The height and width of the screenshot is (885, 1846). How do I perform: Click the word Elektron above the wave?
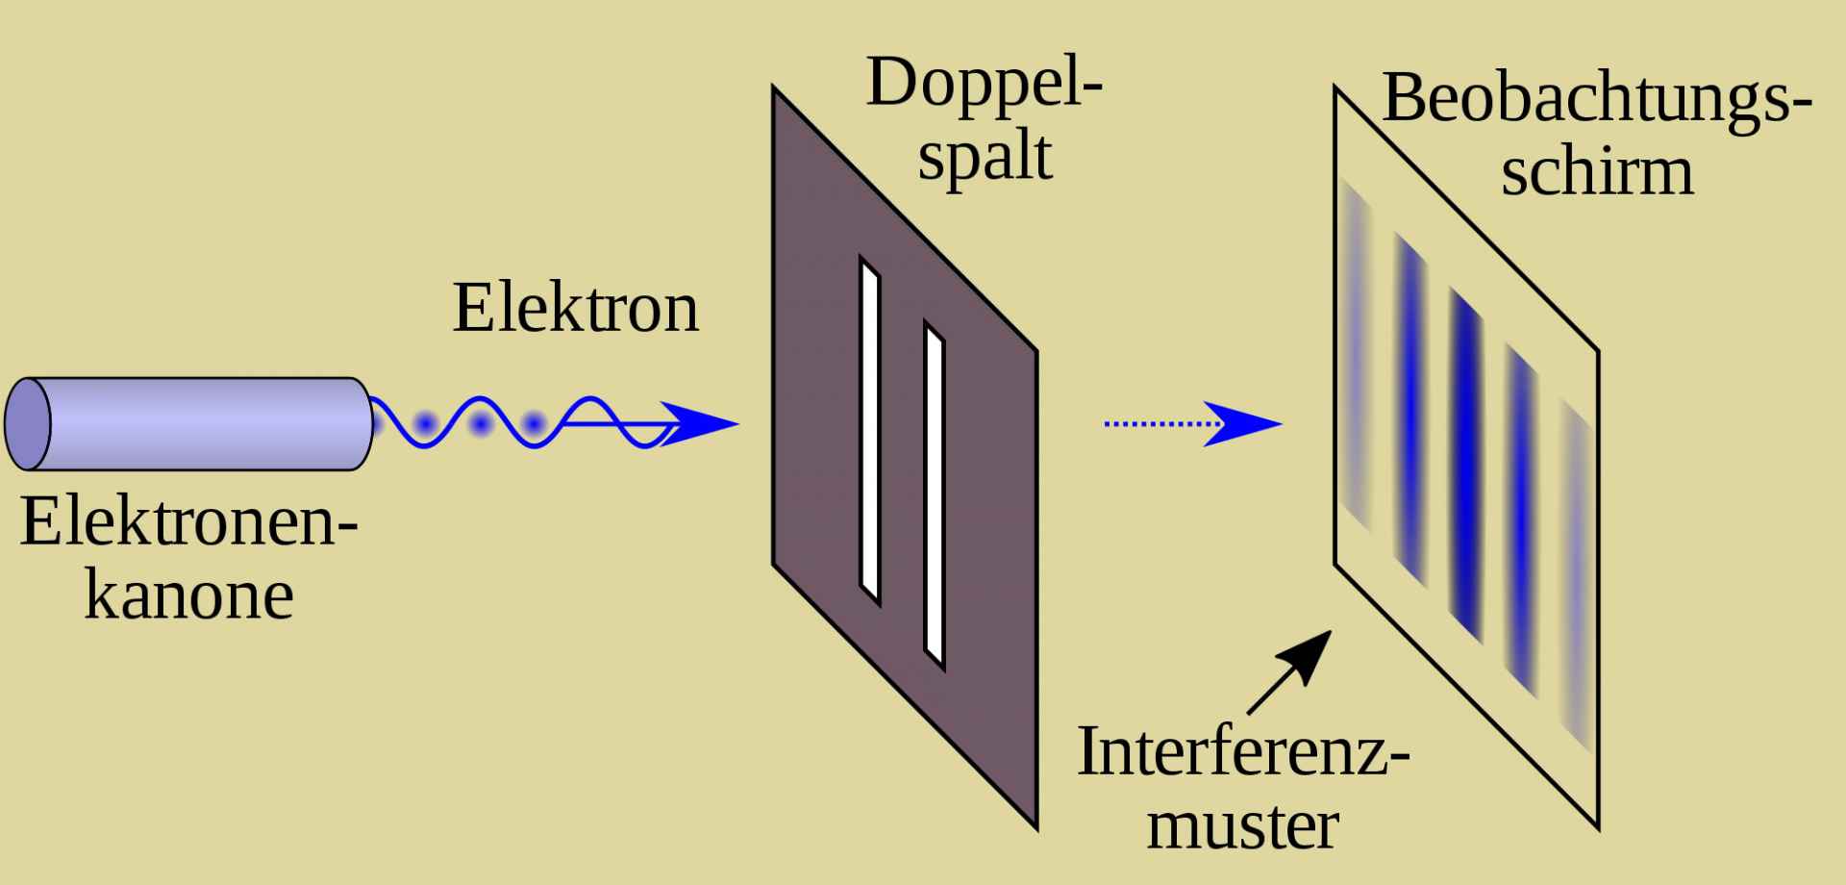coord(575,308)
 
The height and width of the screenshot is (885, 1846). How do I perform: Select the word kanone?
coord(188,596)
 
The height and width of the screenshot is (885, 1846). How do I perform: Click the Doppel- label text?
coord(984,85)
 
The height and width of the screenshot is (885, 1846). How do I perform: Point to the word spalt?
coord(984,159)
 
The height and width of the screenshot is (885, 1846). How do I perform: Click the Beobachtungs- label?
coord(1596,98)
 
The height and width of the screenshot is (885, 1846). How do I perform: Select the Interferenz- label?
coord(1242,752)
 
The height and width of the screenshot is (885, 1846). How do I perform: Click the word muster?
coord(1242,825)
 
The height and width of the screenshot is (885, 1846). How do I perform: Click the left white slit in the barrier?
coord(870,431)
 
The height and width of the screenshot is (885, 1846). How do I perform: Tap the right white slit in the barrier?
coord(935,495)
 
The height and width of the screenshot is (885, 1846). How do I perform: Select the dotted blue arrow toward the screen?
coord(1192,423)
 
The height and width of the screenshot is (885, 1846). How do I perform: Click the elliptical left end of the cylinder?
coord(27,423)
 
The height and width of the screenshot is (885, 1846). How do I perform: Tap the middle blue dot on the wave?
coord(479,423)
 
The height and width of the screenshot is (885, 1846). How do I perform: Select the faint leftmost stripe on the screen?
coord(1357,356)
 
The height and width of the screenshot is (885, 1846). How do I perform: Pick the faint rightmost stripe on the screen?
coord(1576,577)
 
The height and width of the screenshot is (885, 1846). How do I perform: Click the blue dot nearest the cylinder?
coord(423,423)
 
